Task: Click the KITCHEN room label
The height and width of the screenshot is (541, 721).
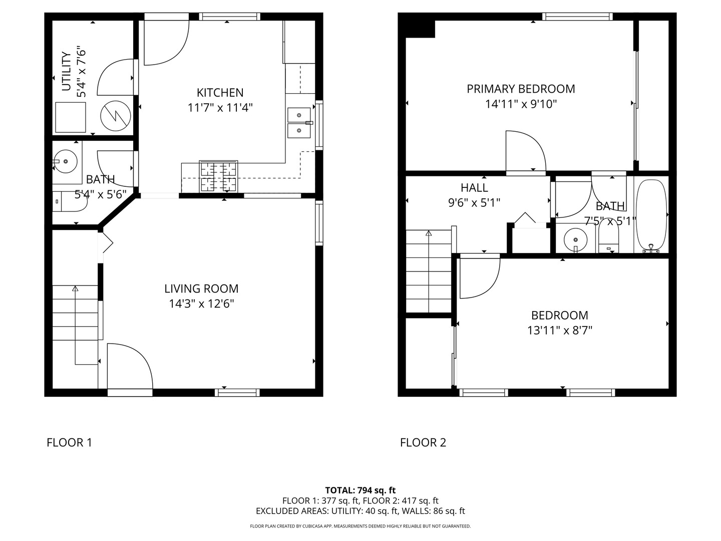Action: pos(220,93)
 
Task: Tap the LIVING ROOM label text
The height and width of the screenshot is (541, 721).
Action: pos(201,289)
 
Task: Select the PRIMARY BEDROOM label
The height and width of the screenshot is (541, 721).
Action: pos(521,89)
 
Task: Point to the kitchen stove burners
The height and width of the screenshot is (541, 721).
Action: pos(218,176)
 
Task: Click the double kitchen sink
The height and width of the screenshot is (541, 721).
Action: pos(299,123)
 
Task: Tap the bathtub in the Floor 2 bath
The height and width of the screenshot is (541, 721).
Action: pos(651,215)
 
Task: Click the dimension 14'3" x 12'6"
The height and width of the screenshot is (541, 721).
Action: pos(201,304)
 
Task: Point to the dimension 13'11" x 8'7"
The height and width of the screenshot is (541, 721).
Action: pos(559,331)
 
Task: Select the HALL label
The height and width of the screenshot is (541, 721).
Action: pos(474,188)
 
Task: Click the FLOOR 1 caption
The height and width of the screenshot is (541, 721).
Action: pos(69,443)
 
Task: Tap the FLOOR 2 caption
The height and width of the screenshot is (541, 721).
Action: pos(423,443)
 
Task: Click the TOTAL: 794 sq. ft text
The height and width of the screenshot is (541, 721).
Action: pos(360,490)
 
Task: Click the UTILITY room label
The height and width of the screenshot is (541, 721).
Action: pos(66,71)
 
